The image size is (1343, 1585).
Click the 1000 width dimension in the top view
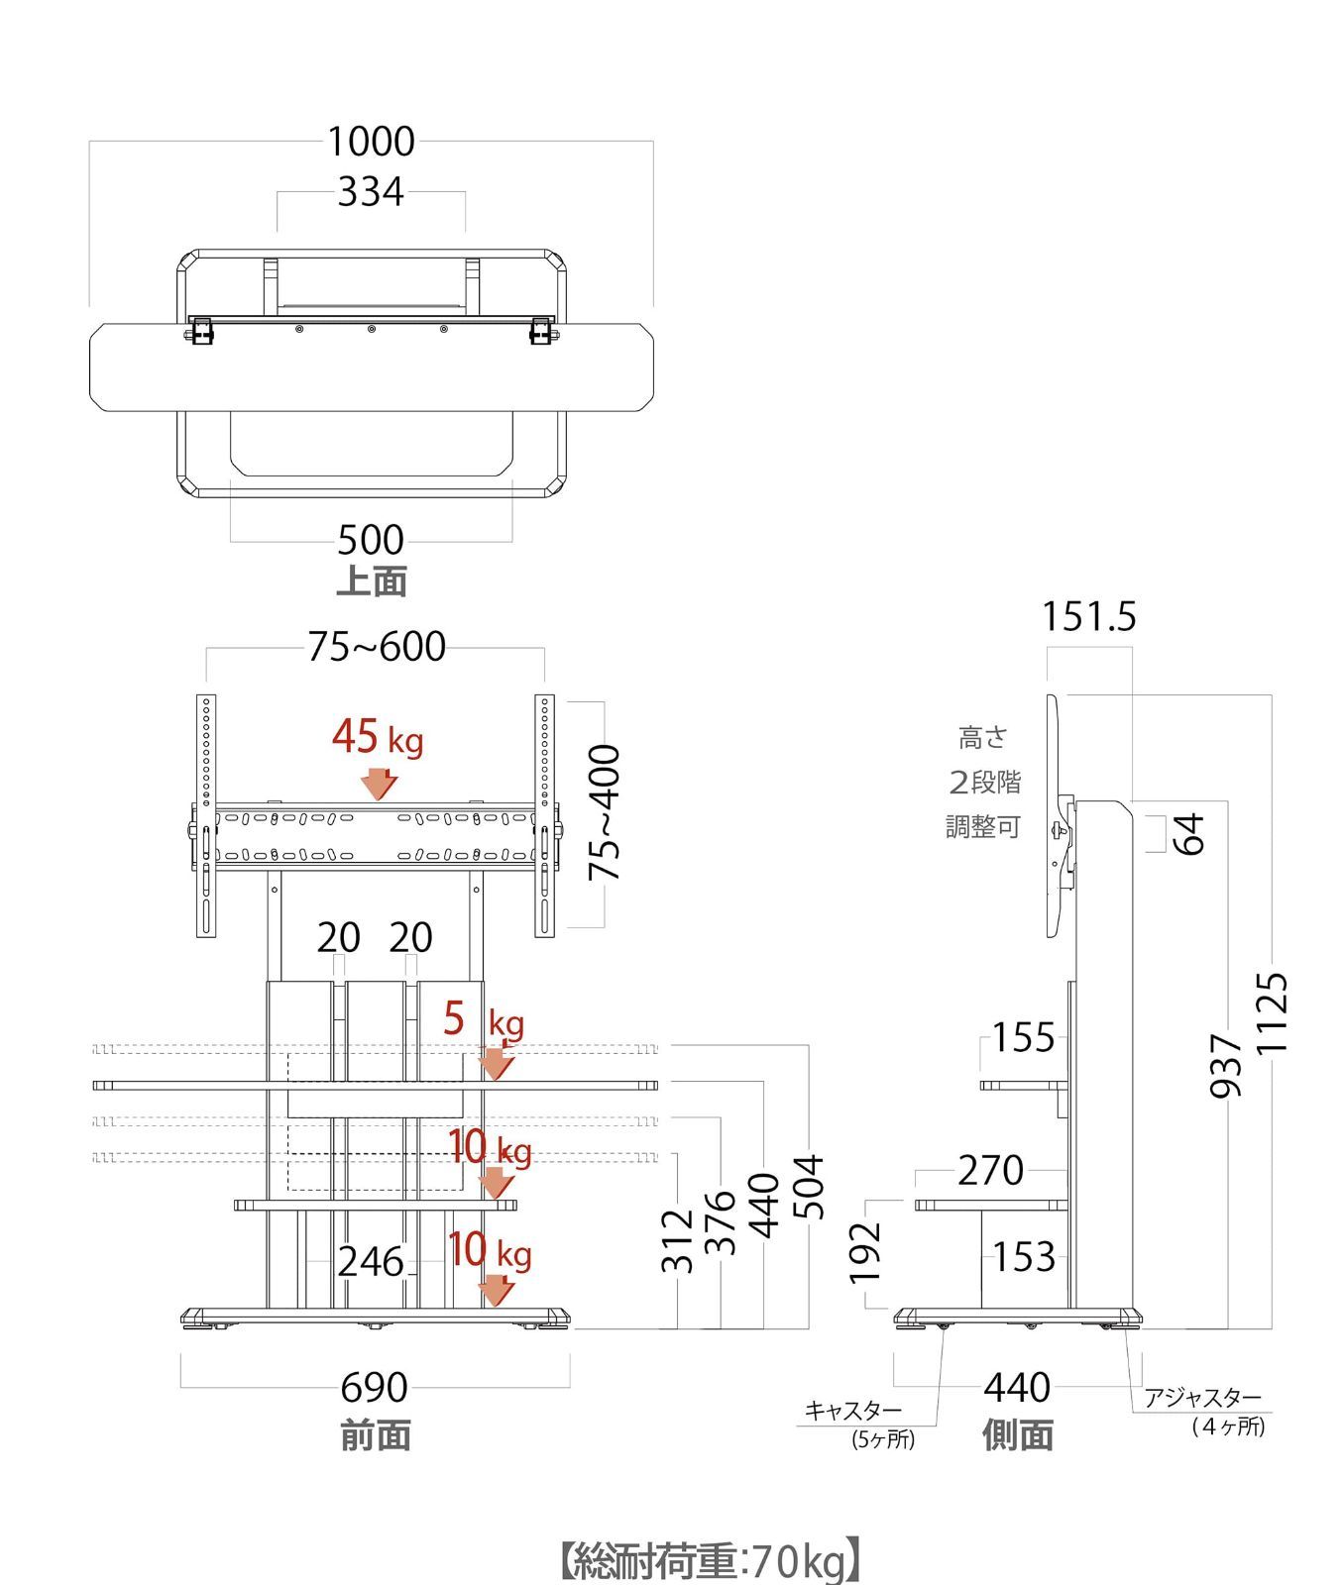pos(371,142)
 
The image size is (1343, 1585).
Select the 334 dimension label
pos(371,192)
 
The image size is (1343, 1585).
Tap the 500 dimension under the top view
pos(371,540)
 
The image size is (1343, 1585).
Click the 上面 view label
pos(372,581)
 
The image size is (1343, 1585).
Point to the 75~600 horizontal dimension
pos(377,647)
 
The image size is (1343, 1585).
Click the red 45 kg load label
pos(377,738)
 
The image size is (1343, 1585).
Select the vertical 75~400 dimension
pos(605,812)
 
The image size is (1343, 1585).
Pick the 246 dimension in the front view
pos(371,1262)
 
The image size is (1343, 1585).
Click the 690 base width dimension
pos(374,1388)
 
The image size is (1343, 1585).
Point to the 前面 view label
pos(376,1435)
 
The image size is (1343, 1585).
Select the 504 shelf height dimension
pos(810,1187)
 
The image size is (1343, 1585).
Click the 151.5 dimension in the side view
pos(1088,617)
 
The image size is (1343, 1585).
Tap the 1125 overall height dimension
pos(1273,1012)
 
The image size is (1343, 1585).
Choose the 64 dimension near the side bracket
pos(1189,833)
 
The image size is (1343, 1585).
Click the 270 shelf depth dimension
pos(990,1171)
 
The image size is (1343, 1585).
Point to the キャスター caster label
pos(852,1410)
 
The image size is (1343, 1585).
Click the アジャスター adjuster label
pos(1202,1398)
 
